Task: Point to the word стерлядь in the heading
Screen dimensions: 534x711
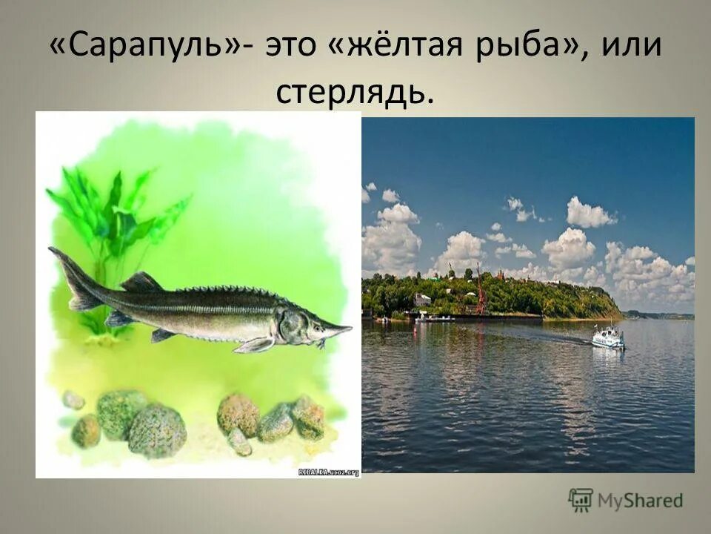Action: click(x=354, y=92)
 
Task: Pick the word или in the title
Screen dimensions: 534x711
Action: click(x=632, y=47)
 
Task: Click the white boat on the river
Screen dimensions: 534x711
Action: click(x=608, y=338)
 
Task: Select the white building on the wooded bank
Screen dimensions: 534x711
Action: click(x=422, y=299)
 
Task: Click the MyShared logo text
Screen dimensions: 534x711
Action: click(x=641, y=501)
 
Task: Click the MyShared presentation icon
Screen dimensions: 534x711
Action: click(x=581, y=500)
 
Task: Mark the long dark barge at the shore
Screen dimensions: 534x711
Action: click(x=496, y=317)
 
